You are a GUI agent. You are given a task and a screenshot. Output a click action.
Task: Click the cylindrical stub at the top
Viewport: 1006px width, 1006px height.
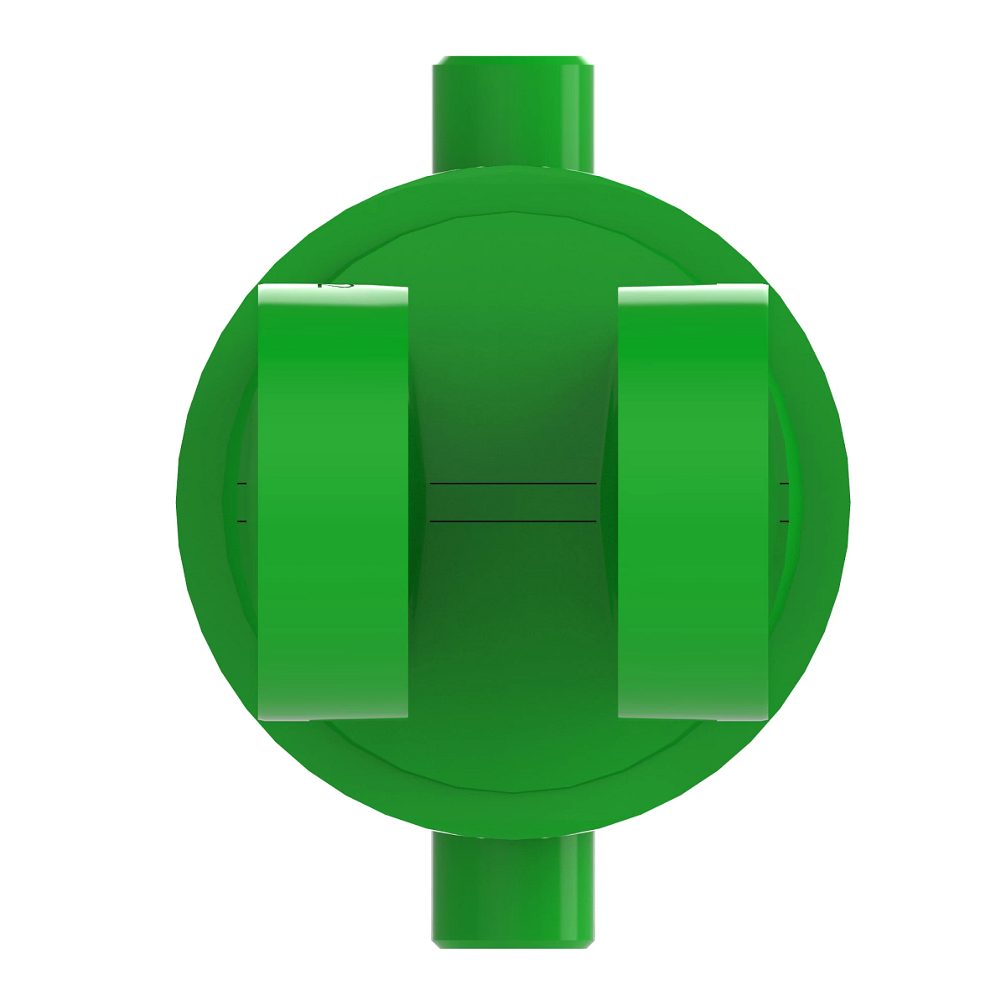[x=513, y=113]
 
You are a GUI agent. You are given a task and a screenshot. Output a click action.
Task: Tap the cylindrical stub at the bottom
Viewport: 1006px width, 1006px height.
[x=513, y=889]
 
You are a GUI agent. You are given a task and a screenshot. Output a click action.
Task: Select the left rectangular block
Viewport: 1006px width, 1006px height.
[x=333, y=503]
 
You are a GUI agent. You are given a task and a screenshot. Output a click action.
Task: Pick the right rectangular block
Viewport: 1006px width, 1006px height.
[x=692, y=503]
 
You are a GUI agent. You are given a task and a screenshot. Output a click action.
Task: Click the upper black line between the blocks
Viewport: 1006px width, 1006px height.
[x=512, y=484]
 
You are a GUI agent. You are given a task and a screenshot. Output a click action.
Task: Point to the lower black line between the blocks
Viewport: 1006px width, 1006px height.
[x=512, y=521]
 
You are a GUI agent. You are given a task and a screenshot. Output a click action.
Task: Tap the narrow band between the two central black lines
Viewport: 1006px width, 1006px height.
[x=512, y=503]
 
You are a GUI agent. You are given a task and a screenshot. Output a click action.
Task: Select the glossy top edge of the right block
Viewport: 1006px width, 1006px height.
[x=692, y=290]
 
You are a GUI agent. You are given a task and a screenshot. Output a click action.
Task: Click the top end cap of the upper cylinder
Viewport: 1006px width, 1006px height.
[x=513, y=60]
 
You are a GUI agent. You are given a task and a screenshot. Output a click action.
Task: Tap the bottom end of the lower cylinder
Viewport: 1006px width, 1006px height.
[x=513, y=945]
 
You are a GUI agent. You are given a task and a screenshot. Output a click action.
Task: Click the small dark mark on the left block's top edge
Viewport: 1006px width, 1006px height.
[x=335, y=285]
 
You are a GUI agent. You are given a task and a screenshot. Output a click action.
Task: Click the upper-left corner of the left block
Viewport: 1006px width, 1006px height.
[x=261, y=288]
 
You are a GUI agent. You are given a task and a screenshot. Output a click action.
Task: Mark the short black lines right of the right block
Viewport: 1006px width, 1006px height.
[x=784, y=503]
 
